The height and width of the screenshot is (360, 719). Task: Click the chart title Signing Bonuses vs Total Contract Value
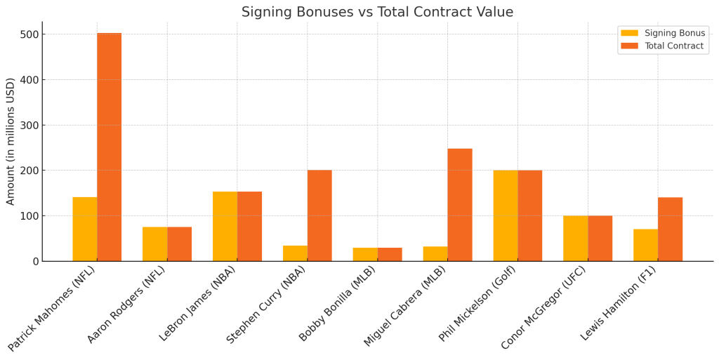(x=377, y=12)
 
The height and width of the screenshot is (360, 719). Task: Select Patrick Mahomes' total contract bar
(x=109, y=147)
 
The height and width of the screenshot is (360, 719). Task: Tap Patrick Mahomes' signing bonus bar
(x=85, y=229)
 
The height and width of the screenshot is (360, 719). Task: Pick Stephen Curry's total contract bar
(x=319, y=215)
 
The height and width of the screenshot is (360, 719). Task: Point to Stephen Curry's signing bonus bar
(x=295, y=253)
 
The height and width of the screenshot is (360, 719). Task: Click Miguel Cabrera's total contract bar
(x=460, y=205)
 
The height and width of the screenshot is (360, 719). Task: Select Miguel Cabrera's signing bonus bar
(x=435, y=254)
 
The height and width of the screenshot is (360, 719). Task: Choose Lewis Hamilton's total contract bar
(x=670, y=229)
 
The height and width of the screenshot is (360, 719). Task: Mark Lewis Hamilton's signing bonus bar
(x=645, y=245)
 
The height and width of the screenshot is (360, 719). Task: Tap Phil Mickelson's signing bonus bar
(x=506, y=215)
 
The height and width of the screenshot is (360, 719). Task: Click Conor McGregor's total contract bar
(x=600, y=238)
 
